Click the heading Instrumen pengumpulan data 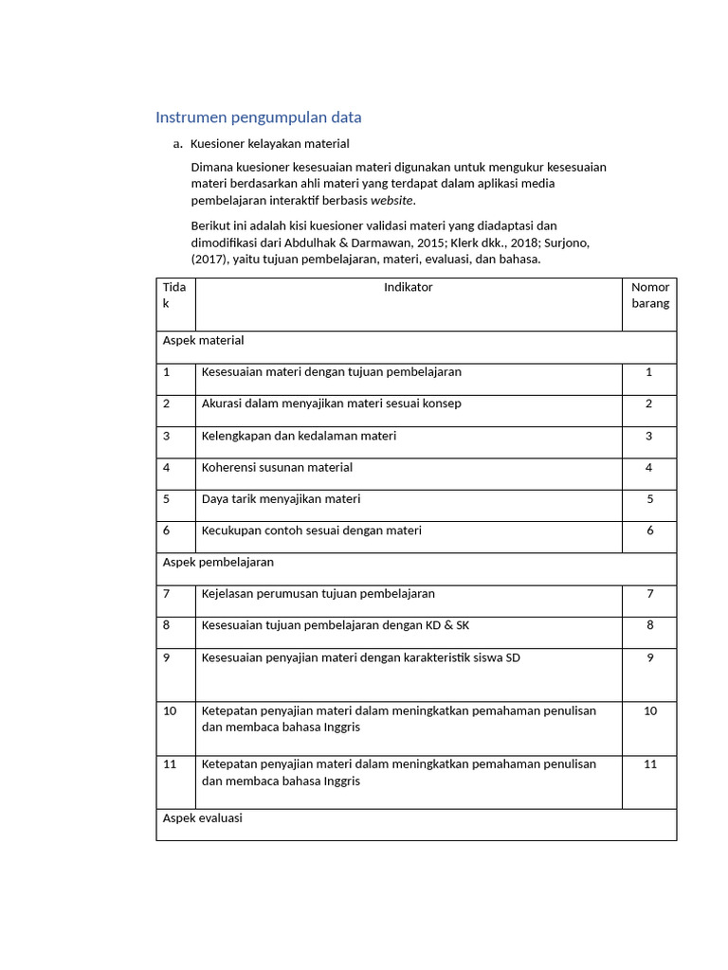pyautogui.click(x=258, y=117)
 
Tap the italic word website pyautogui.click(x=391, y=201)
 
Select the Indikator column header pyautogui.click(x=408, y=287)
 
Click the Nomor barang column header pyautogui.click(x=649, y=296)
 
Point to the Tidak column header pyautogui.click(x=174, y=296)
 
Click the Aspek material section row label pyautogui.click(x=203, y=340)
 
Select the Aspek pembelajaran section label pyautogui.click(x=218, y=562)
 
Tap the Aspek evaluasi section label pyautogui.click(x=202, y=817)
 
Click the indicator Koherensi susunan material pyautogui.click(x=277, y=467)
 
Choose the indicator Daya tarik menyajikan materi pyautogui.click(x=281, y=498)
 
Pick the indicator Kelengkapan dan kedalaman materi pyautogui.click(x=299, y=436)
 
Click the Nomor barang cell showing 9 pyautogui.click(x=649, y=657)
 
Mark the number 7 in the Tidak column pyautogui.click(x=167, y=594)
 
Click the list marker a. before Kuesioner pyautogui.click(x=177, y=144)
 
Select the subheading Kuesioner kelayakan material pyautogui.click(x=269, y=144)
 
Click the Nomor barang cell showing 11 pyautogui.click(x=649, y=764)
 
